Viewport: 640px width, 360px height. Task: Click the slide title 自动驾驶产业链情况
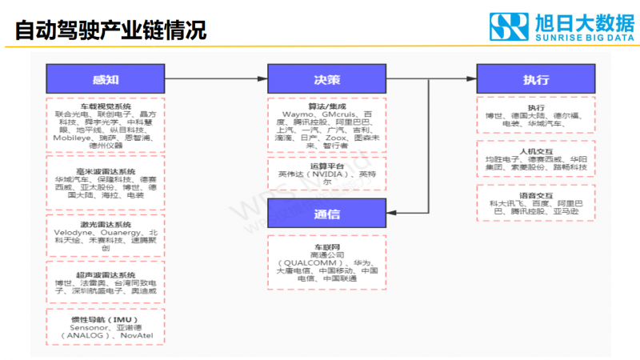pos(111,30)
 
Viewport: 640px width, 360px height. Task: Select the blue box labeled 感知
pos(106,79)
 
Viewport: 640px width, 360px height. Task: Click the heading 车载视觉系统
pos(106,106)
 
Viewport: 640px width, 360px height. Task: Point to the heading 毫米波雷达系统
pos(106,172)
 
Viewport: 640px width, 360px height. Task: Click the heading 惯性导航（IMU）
pos(106,319)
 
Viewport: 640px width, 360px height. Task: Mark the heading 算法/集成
pos(326,106)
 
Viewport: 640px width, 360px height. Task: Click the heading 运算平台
pos(326,165)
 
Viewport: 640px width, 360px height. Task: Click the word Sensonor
pos(89,328)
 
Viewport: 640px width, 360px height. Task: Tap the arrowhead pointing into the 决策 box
pos(264,79)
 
